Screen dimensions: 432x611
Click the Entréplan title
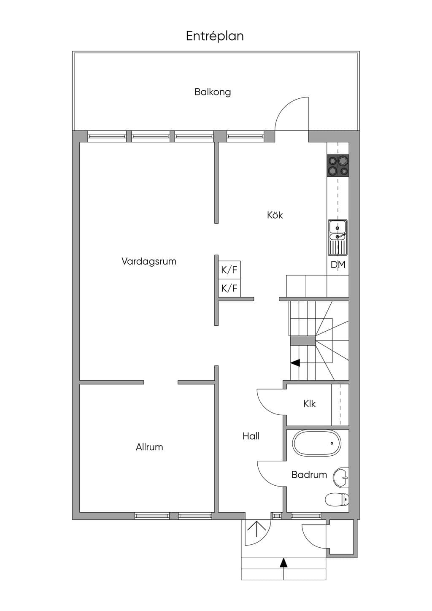(x=215, y=36)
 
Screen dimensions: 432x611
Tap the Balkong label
(x=213, y=92)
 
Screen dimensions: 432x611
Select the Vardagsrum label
(x=149, y=261)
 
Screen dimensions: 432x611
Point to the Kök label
(x=275, y=215)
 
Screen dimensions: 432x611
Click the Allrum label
(x=149, y=447)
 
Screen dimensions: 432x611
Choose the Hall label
(x=251, y=436)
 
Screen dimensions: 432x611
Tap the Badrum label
(x=309, y=475)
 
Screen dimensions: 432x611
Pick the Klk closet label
(x=309, y=404)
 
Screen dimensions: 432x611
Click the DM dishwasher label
(x=338, y=265)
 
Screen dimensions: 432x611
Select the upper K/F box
(x=229, y=270)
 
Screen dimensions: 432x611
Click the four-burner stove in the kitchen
(x=338, y=165)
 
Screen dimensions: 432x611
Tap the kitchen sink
(x=338, y=238)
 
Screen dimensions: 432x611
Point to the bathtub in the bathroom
(x=317, y=443)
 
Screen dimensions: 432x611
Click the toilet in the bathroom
(x=337, y=500)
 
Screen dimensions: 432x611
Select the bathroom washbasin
(x=341, y=478)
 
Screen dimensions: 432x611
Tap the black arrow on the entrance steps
(x=284, y=562)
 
